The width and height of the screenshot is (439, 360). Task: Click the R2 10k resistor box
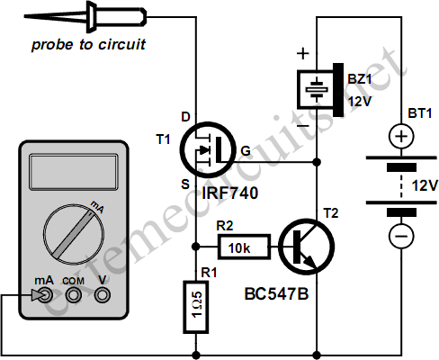[x=244, y=247]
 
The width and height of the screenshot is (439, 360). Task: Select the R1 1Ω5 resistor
[x=196, y=307]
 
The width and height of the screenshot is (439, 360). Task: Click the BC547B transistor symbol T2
[x=306, y=247]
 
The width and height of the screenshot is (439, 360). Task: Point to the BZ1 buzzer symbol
[x=320, y=89]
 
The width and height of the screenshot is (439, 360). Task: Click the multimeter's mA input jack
[x=46, y=295]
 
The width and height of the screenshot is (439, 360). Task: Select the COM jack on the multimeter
[x=74, y=295]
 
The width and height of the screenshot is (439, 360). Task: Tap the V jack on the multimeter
[x=103, y=295]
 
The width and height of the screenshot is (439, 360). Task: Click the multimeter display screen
[x=74, y=172]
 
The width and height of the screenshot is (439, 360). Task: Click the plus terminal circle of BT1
[x=401, y=137]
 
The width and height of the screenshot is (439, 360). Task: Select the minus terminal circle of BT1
[x=401, y=236]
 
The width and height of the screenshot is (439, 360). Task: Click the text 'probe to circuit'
[x=88, y=45]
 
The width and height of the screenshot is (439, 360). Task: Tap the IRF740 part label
[x=229, y=193]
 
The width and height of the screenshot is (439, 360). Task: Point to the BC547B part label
[x=276, y=294]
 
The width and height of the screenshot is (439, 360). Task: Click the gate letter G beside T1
[x=246, y=151]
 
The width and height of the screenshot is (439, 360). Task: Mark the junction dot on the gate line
[x=317, y=162]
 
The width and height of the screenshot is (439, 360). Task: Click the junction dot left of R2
[x=196, y=247]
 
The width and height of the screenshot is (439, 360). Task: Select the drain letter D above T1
[x=185, y=117]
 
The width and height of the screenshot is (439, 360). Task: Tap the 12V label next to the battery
[x=425, y=185]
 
